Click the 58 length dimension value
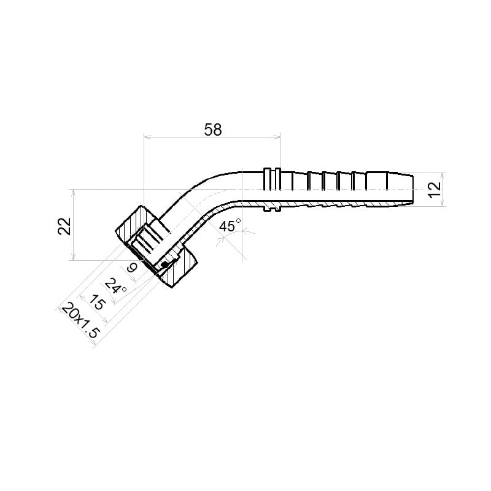pyautogui.click(x=212, y=130)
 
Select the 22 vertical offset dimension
pyautogui.click(x=64, y=226)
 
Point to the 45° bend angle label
pyautogui.click(x=230, y=225)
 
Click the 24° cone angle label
pyautogui.click(x=115, y=286)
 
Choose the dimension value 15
pyautogui.click(x=98, y=303)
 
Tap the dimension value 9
pyautogui.click(x=132, y=268)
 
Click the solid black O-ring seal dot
pyautogui.click(x=163, y=265)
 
